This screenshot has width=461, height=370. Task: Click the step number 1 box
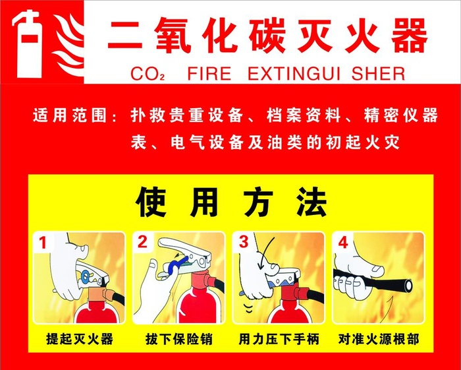pyautogui.click(x=43, y=243)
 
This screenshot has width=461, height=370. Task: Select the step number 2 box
pyautogui.click(x=143, y=243)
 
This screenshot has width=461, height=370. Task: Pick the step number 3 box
pyautogui.click(x=243, y=243)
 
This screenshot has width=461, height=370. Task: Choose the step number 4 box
pyautogui.click(x=342, y=243)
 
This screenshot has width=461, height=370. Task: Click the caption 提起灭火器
pyautogui.click(x=80, y=340)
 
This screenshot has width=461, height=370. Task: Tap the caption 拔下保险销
pyautogui.click(x=178, y=340)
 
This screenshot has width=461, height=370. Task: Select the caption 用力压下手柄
pyautogui.click(x=279, y=340)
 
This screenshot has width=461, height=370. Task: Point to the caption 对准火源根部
pyautogui.click(x=378, y=340)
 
